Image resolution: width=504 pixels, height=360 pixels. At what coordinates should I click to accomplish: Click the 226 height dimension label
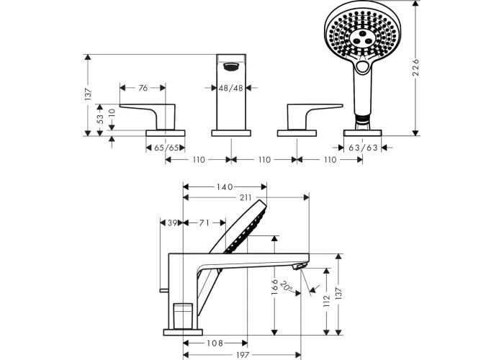coord(416,67)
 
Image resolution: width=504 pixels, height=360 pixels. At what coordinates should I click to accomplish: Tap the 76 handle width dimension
coord(143,88)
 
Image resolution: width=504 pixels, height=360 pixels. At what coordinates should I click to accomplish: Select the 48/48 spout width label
coord(231,88)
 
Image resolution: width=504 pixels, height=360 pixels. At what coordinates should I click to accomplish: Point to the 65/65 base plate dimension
coord(166,148)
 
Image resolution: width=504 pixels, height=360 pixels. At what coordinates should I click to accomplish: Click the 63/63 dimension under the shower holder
coord(363,148)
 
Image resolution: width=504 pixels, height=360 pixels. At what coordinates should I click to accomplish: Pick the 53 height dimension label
coord(100,120)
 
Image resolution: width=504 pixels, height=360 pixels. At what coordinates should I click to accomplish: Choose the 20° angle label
coord(286,287)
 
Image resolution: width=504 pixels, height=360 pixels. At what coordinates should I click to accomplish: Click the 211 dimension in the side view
coord(246,197)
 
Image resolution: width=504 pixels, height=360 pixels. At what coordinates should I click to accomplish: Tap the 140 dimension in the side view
coord(225,186)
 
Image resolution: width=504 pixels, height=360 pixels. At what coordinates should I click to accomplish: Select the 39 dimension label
coord(173,222)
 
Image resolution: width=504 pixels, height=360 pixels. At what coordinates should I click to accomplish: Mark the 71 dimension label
coord(204,222)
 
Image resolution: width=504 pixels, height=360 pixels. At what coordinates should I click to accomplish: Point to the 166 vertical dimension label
coord(274,287)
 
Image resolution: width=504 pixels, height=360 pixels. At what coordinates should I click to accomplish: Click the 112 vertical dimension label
coord(327,302)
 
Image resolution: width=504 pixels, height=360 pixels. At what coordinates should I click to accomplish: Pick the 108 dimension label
coord(215,343)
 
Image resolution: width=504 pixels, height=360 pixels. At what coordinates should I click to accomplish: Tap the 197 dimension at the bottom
coord(243,355)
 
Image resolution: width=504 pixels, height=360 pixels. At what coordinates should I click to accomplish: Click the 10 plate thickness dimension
coord(112,113)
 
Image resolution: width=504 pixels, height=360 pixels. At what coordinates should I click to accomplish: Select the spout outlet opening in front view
coord(231,67)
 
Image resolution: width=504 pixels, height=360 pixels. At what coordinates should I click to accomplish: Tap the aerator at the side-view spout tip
coord(300,266)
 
